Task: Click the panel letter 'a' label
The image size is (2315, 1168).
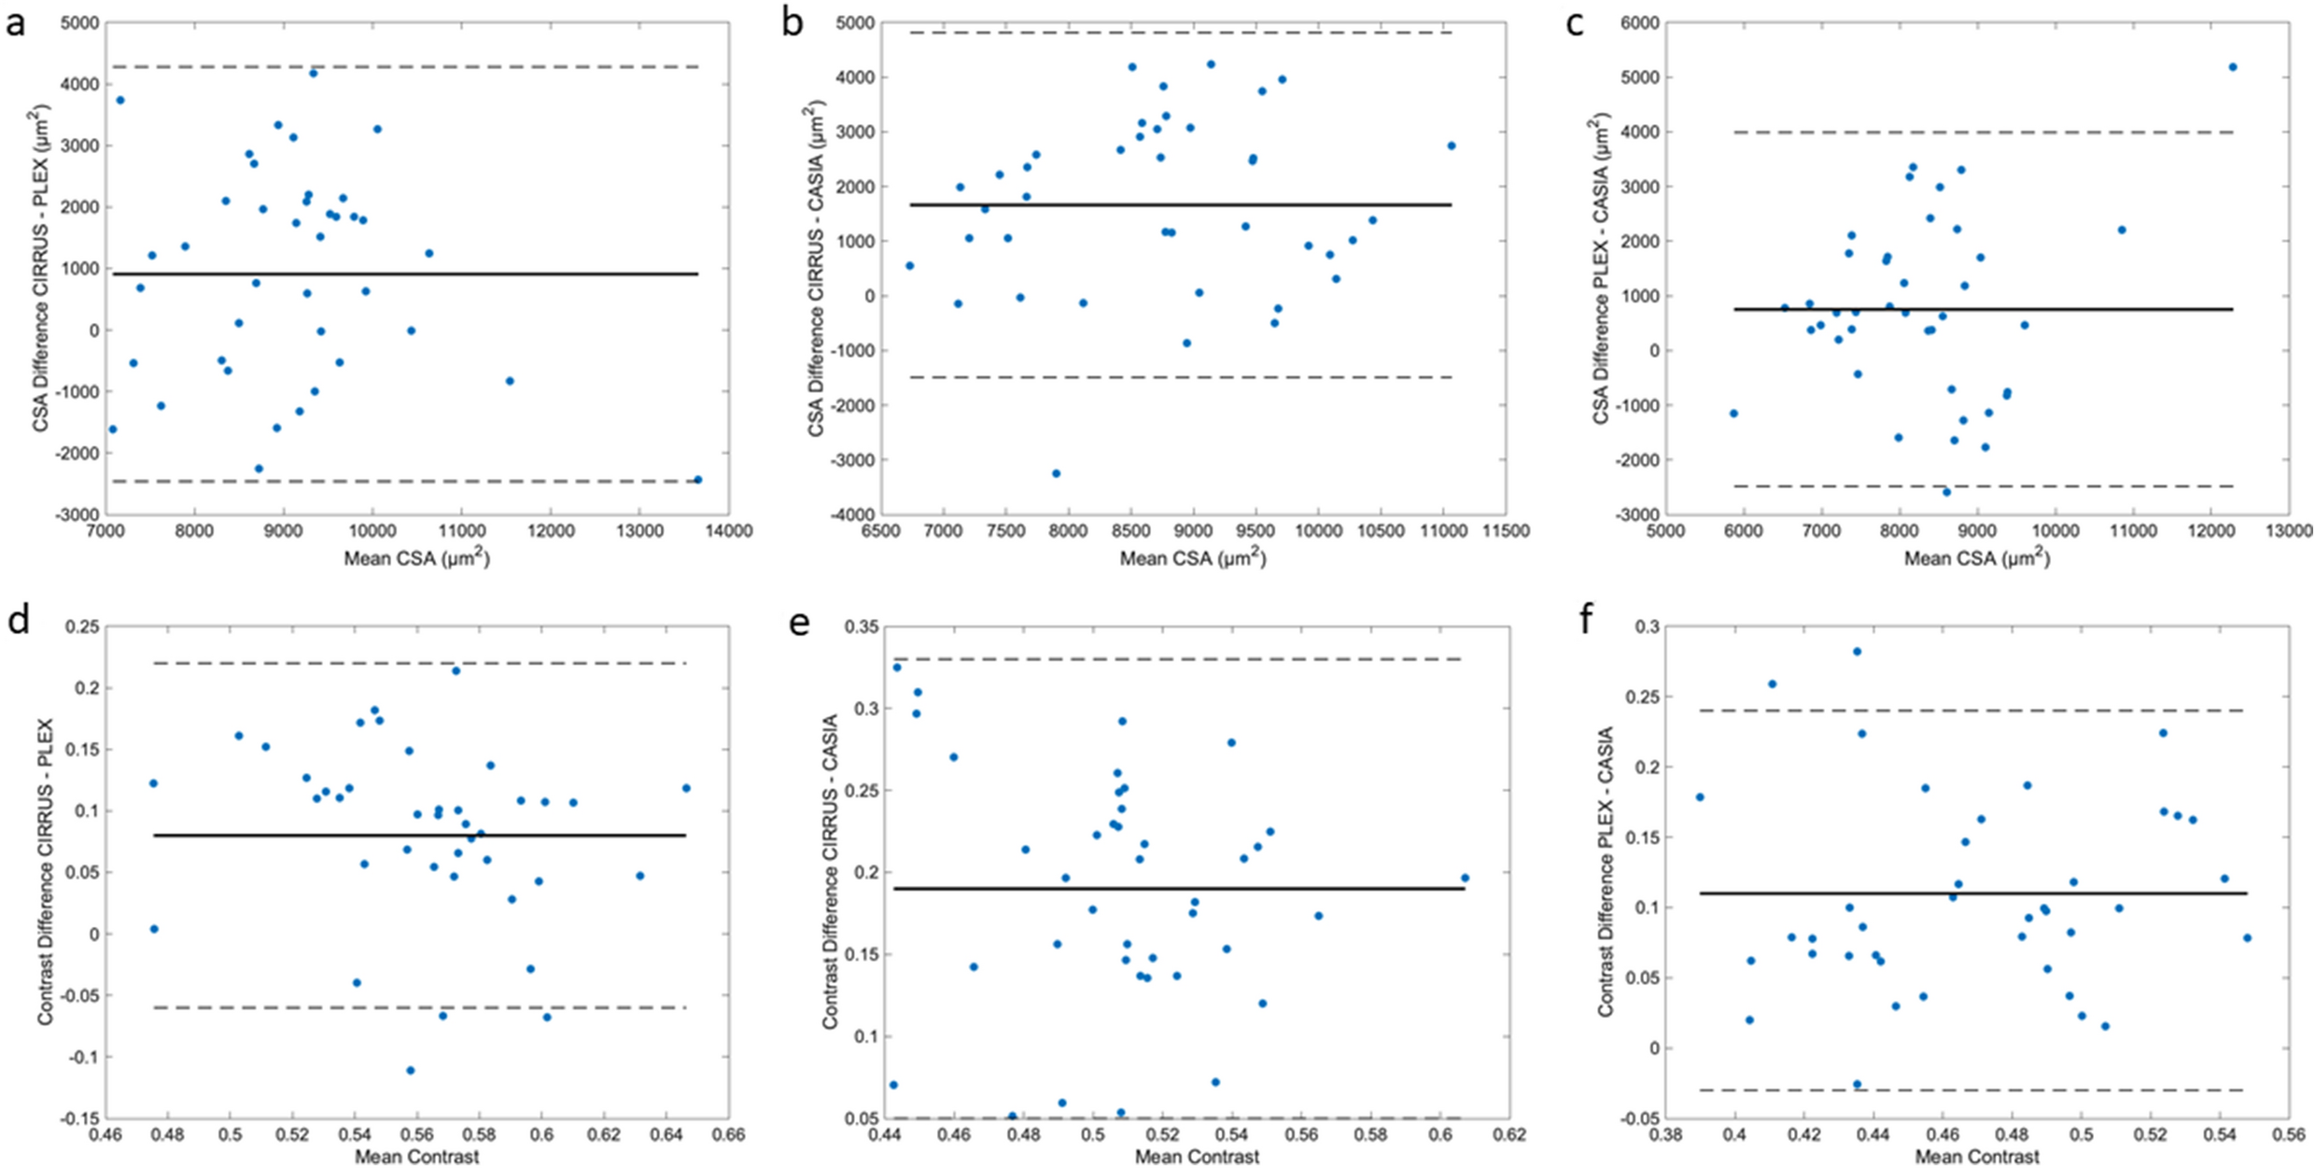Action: coord(15,22)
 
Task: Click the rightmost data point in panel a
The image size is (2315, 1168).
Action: coord(697,479)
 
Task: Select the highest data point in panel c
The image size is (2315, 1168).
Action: coord(2233,67)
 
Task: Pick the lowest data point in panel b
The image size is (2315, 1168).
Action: coord(1056,473)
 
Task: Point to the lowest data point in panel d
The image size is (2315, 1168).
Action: coord(411,1070)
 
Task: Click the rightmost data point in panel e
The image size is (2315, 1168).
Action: coord(1465,878)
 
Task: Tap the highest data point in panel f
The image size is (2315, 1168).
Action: coord(1857,652)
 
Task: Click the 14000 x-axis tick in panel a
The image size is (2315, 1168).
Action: coord(728,531)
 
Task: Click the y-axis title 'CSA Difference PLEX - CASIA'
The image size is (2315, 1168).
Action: coord(1602,269)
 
